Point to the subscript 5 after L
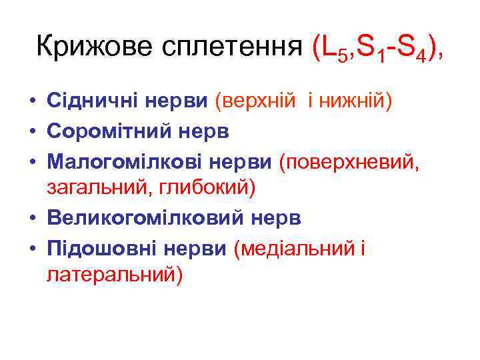click(342, 57)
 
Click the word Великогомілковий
click(136, 218)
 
